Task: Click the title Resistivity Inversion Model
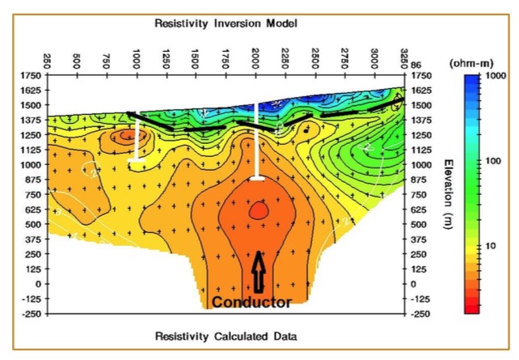pyautogui.click(x=226, y=23)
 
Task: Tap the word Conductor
pyautogui.click(x=251, y=303)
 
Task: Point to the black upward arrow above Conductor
pyautogui.click(x=259, y=272)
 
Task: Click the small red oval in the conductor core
pyautogui.click(x=258, y=210)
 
